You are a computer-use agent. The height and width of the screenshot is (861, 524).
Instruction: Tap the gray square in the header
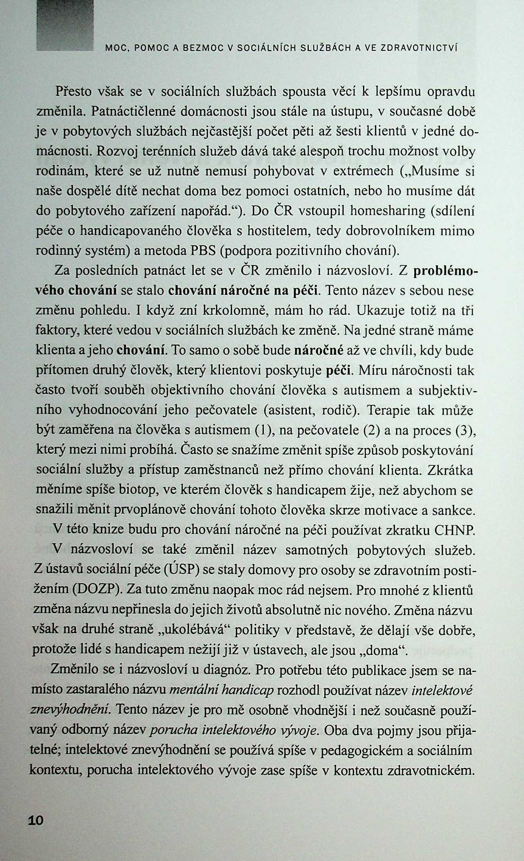click(x=65, y=26)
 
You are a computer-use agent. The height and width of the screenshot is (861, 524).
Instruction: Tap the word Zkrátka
click(x=450, y=470)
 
